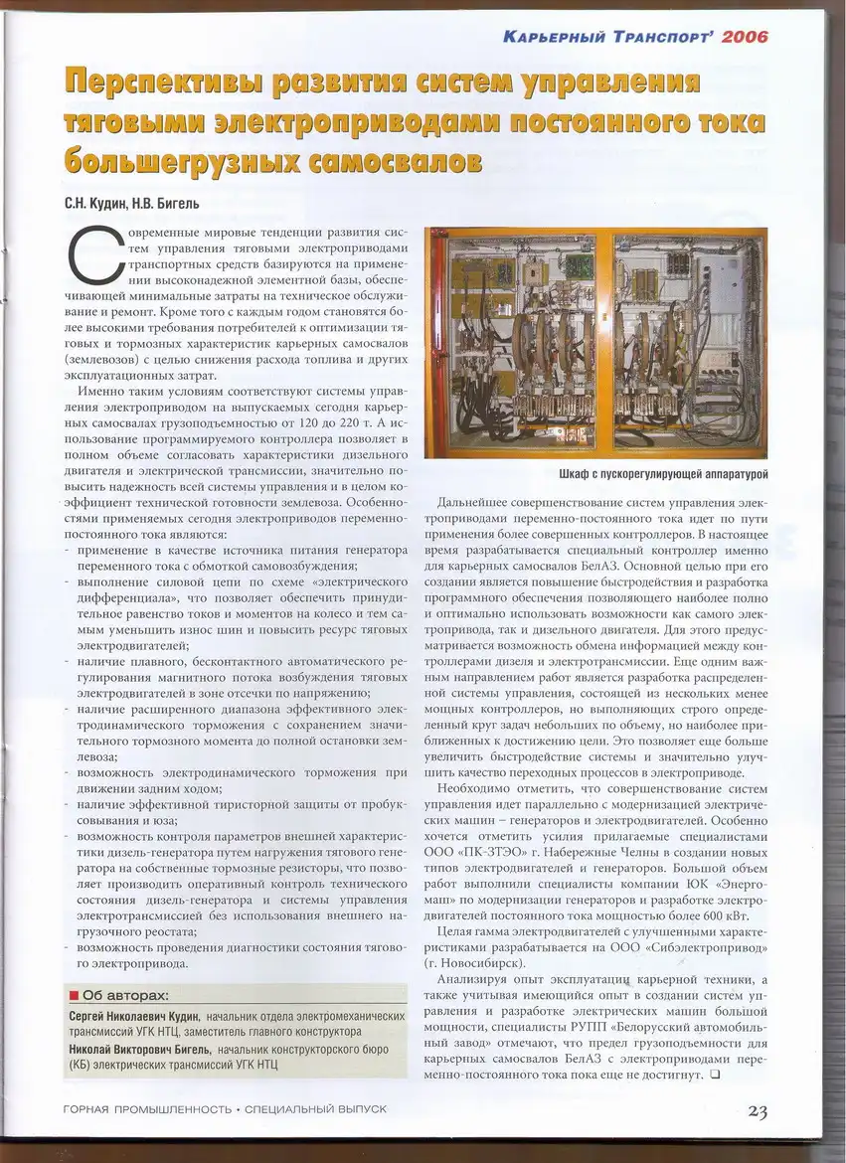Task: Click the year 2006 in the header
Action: point(746,38)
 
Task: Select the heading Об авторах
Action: point(125,995)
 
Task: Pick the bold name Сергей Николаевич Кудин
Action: point(134,1017)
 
